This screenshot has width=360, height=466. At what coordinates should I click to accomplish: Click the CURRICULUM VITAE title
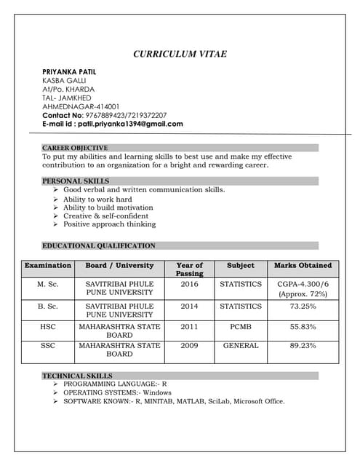coord(180,54)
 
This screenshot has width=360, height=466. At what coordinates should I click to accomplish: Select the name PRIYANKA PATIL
coord(69,71)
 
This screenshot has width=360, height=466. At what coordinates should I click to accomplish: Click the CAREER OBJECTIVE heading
coord(75,148)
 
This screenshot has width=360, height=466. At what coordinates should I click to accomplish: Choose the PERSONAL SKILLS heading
coord(76,181)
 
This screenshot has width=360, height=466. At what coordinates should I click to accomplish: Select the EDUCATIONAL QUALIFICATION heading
coord(99,245)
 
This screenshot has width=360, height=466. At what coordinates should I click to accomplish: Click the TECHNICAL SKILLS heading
coord(77,376)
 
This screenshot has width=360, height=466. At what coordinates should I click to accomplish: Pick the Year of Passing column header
coord(189,269)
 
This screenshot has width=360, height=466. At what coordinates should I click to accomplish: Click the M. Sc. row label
coord(47,285)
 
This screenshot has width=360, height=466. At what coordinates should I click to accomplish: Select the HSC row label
coord(47,327)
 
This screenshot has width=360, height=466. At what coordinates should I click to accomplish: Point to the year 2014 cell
coord(189,307)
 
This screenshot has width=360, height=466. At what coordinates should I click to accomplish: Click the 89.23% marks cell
coord(303,346)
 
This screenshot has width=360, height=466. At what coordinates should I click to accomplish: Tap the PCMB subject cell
coord(241,327)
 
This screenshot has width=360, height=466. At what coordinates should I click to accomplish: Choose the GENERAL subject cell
coord(241,346)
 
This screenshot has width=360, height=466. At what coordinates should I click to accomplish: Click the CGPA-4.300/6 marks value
coord(303,285)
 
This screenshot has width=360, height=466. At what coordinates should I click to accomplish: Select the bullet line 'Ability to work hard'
coord(97,199)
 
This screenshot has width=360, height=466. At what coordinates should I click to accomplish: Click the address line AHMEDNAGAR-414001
coord(81,106)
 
